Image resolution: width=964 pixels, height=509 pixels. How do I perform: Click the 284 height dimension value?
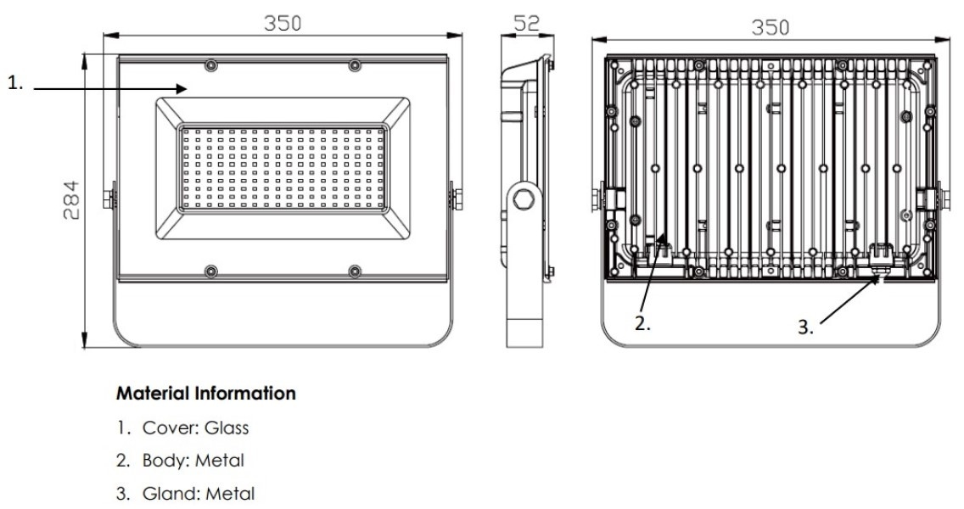(74, 200)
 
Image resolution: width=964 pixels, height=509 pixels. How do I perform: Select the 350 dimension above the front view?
(282, 23)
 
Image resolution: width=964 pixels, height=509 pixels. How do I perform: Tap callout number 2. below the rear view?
(643, 322)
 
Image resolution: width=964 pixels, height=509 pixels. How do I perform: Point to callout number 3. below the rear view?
(805, 328)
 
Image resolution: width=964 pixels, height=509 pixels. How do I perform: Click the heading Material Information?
(206, 394)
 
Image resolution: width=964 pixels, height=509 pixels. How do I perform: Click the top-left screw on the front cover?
(211, 65)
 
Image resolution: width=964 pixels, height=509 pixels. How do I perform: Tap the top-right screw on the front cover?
(354, 65)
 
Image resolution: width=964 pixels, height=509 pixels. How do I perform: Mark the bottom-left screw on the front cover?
(211, 271)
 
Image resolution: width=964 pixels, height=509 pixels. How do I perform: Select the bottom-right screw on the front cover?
(354, 271)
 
